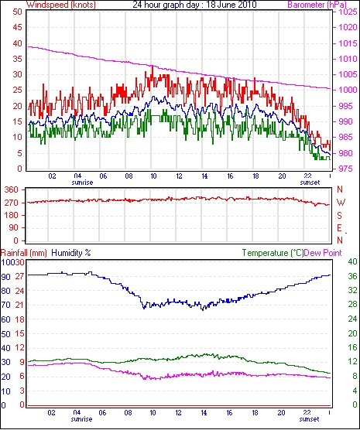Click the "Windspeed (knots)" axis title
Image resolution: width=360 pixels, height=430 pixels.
pos(61,5)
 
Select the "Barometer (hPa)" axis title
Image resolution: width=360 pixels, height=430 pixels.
pos(317,5)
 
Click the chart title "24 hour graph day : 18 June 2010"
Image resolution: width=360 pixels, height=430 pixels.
pos(194,4)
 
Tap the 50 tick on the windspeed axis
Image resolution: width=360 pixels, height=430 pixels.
pos(17,12)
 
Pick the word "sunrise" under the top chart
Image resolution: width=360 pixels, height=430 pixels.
pos(82,183)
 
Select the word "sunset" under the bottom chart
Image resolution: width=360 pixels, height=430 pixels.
pos(309,419)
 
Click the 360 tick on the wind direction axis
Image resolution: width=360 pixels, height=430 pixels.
pos(12,189)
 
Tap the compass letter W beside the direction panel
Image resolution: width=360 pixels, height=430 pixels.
pos(341,203)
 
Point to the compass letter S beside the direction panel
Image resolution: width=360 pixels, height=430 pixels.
pos(339,216)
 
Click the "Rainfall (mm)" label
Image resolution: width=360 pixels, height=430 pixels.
pos(24,253)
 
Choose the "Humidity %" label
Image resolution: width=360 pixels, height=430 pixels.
pos(71,253)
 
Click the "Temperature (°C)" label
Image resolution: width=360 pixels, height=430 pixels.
pos(273,253)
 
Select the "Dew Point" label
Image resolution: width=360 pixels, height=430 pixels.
pos(323,253)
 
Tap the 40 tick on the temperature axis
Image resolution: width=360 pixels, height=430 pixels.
pos(352,261)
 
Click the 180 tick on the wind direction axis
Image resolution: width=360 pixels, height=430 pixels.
pos(12,216)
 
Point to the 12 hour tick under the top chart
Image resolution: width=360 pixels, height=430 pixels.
pos(179,176)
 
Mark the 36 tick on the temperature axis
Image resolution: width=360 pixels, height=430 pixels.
pos(352,276)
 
